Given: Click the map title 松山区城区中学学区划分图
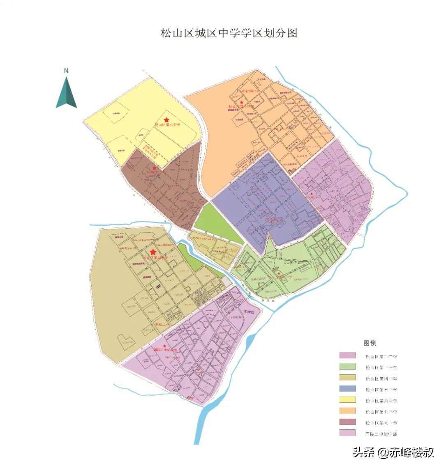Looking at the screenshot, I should [x=229, y=33].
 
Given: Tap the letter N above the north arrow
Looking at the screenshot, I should [x=66, y=71].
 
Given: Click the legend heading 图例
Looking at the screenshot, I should [x=370, y=343].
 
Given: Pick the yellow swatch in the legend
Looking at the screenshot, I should [x=347, y=400].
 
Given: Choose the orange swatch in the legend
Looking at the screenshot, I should [x=347, y=411].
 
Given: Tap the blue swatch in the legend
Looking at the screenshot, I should [x=347, y=389].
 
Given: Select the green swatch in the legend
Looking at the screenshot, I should [x=347, y=367].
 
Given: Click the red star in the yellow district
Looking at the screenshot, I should [x=166, y=119].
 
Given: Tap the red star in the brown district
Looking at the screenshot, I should [x=154, y=168].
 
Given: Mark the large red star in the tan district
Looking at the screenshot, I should [x=153, y=252].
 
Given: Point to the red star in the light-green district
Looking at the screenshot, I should [x=280, y=273].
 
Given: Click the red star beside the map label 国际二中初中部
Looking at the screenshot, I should [x=165, y=346].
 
